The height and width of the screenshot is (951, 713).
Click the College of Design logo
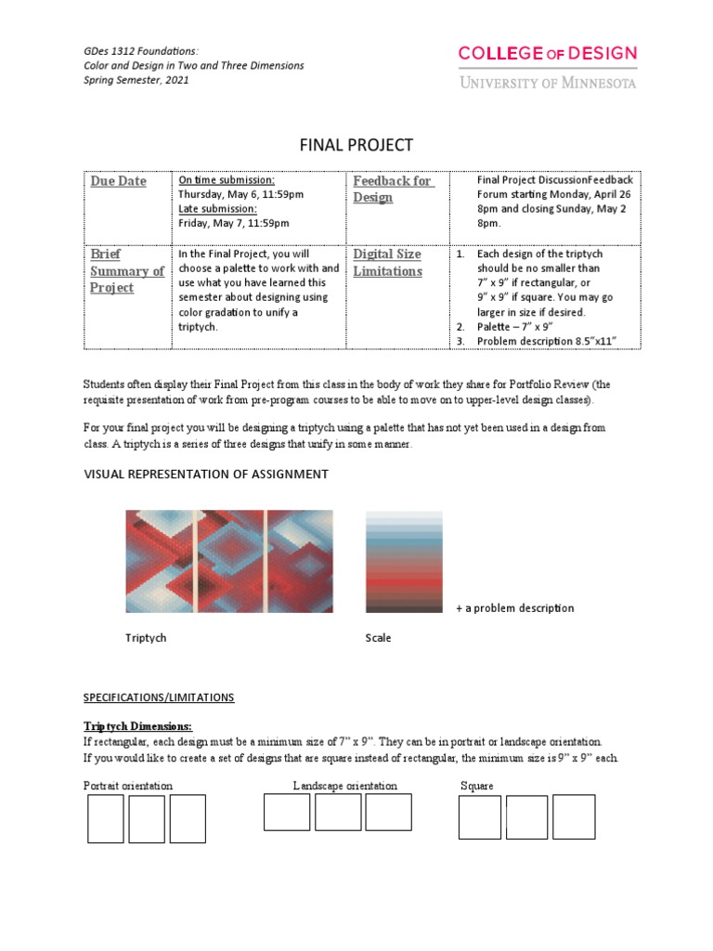click(548, 54)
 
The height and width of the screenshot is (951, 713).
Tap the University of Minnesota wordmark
click(548, 83)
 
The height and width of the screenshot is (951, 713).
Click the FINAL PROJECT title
click(356, 146)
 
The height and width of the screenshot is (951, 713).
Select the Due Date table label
click(119, 181)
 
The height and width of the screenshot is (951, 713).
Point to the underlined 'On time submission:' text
click(227, 180)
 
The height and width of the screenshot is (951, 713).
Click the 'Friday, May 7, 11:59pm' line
click(234, 223)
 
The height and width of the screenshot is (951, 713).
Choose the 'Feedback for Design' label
click(392, 189)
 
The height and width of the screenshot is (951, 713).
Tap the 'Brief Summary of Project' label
click(127, 270)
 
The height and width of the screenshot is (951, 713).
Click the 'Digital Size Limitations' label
click(387, 262)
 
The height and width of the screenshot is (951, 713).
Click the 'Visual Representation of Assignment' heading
click(206, 474)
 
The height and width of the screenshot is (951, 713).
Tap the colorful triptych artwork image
click(229, 561)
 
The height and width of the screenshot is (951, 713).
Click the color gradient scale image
click(404, 561)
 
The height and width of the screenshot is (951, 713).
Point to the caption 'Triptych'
click(146, 638)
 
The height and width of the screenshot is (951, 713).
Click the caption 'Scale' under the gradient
click(379, 638)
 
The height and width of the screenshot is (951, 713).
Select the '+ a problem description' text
click(514, 608)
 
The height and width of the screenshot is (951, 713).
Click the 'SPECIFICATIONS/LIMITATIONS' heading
click(159, 697)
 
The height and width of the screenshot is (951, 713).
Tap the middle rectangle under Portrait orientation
click(147, 819)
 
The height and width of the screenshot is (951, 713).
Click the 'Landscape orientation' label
click(345, 786)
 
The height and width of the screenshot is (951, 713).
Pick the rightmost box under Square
click(574, 817)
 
